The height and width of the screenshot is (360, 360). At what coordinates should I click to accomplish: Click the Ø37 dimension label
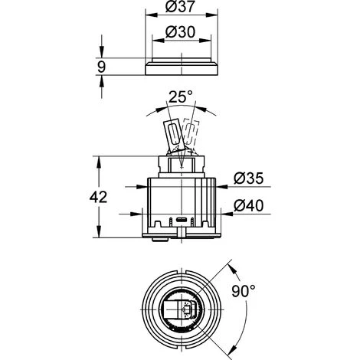click(x=180, y=6)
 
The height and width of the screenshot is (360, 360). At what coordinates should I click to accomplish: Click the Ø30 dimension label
click(x=180, y=32)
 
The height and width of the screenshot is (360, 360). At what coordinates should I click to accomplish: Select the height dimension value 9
click(x=101, y=67)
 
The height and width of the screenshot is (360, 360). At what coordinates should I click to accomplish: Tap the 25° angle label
click(x=181, y=97)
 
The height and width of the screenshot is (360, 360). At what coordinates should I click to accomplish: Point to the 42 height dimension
click(x=98, y=198)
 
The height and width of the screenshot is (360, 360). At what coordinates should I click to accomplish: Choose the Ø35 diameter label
click(x=248, y=178)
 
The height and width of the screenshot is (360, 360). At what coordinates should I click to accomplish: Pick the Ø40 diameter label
click(x=248, y=205)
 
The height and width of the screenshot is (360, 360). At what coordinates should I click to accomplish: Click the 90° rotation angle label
click(x=244, y=291)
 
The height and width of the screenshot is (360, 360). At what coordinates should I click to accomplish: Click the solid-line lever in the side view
click(x=174, y=136)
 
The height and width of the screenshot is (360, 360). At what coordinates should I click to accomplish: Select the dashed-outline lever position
click(x=191, y=133)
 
